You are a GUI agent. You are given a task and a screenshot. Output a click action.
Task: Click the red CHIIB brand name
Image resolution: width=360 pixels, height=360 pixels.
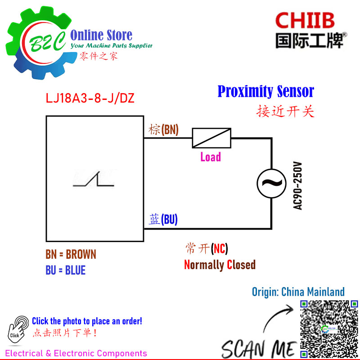(305, 20)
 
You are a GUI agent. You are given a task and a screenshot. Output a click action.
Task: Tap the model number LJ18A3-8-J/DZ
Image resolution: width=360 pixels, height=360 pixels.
(90, 98)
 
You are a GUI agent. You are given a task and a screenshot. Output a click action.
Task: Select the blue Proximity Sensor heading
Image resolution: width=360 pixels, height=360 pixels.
(265, 91)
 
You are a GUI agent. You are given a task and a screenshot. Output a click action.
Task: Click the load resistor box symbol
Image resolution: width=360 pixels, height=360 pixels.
(211, 138)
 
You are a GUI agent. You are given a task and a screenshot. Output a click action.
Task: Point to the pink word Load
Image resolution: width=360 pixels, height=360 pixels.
(211, 157)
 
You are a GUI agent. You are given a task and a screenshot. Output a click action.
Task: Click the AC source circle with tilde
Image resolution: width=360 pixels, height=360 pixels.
(272, 184)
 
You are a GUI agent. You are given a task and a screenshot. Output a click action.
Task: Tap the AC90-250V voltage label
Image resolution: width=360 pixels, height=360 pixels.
(297, 186)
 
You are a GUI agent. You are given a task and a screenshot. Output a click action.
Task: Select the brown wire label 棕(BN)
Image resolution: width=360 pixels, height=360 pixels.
(163, 130)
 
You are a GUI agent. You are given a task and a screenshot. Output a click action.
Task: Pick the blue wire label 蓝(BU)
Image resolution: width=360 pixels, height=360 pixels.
(163, 219)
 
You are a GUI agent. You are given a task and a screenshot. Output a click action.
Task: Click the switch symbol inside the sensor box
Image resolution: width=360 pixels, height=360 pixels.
(94, 179)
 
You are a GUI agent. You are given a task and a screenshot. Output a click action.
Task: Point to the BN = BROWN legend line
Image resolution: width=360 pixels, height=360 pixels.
(71, 254)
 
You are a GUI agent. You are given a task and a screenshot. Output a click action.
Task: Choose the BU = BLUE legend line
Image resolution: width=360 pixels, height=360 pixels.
(65, 270)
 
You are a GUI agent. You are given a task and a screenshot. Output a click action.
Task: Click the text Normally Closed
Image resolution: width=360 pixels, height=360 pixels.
(220, 265)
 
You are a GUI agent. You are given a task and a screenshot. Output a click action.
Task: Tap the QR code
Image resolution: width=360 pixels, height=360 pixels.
(329, 329)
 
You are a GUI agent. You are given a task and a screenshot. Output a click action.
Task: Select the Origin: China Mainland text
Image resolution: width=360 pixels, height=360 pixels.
(298, 292)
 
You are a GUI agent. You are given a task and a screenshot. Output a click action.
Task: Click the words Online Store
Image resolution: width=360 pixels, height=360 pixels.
(101, 35)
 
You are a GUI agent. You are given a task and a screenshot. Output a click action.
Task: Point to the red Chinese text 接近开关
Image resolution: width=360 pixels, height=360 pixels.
(285, 111)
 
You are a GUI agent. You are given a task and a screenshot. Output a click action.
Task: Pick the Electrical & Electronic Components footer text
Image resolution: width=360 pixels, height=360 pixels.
(76, 353)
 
